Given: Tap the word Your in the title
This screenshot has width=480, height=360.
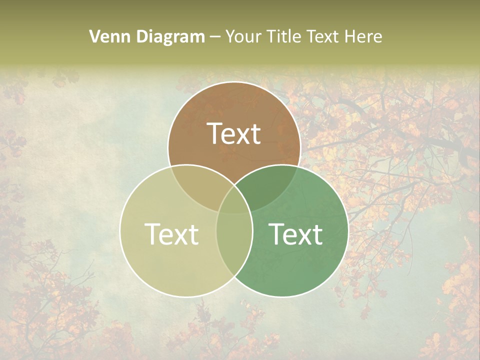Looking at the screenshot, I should point(244,36).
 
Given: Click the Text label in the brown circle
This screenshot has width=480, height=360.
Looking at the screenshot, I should point(234,133).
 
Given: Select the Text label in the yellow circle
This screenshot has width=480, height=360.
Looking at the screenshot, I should point(171,234).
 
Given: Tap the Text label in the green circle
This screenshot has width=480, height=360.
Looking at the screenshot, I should point(296,234).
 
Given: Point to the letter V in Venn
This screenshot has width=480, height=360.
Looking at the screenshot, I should point(94,36).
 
